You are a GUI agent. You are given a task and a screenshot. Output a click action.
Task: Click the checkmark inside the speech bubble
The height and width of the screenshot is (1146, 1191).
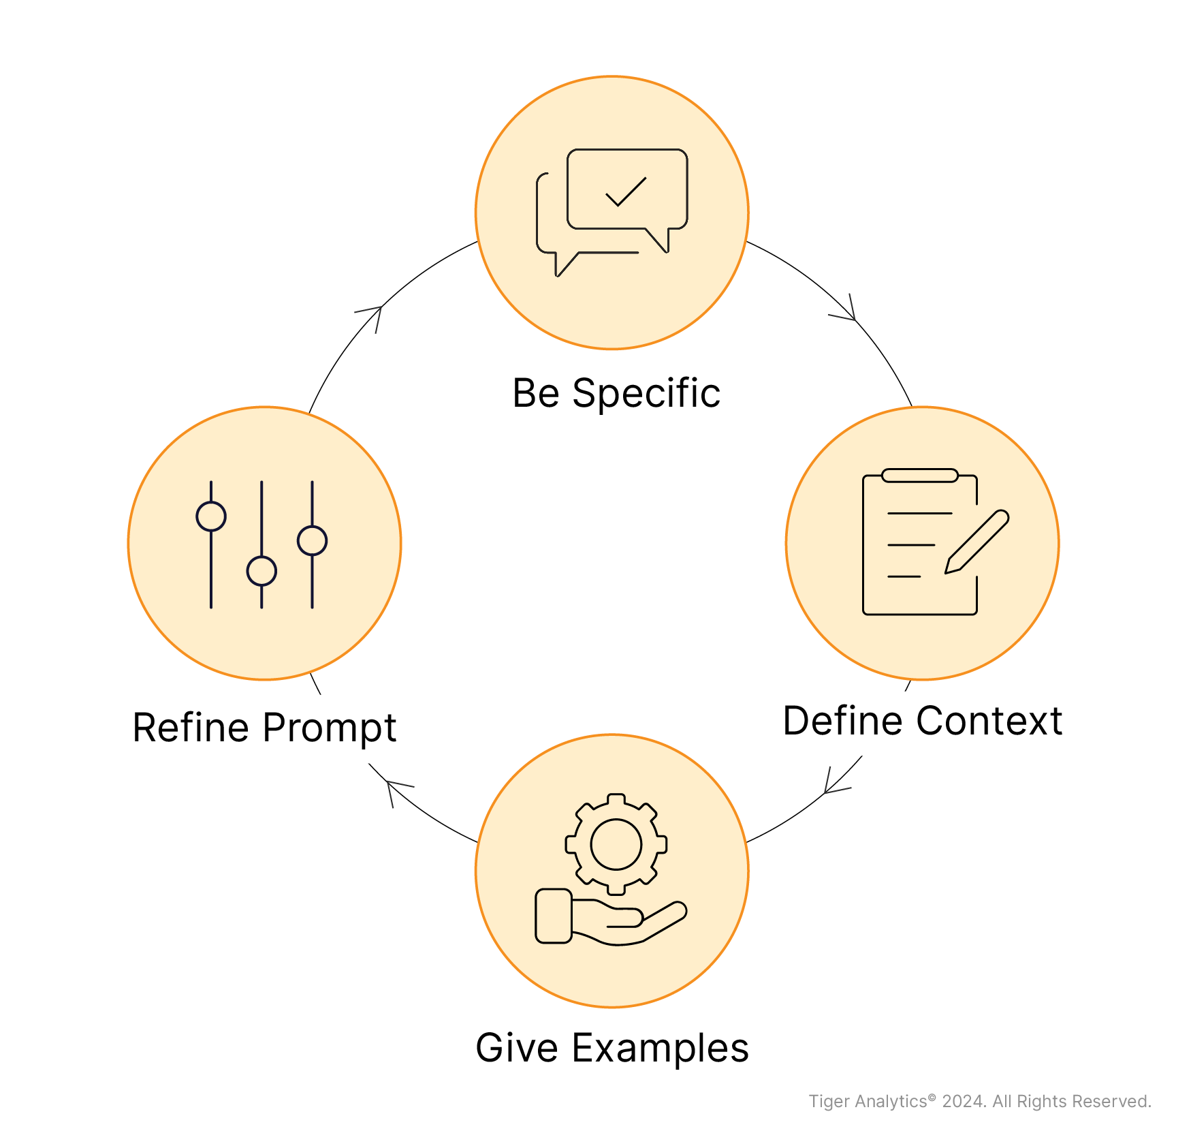(625, 191)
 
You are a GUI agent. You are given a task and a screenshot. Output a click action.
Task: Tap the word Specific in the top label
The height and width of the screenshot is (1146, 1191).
(646, 394)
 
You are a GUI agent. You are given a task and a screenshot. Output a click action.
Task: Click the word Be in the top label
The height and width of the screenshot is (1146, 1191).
(536, 393)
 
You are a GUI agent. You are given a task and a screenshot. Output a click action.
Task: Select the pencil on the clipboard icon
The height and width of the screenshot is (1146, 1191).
(976, 542)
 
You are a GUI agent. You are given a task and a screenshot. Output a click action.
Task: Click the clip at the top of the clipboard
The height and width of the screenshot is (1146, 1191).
(920, 475)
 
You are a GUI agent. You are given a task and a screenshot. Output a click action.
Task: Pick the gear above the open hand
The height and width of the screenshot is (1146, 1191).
(616, 844)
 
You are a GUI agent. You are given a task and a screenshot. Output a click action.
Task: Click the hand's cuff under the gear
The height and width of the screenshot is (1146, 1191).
(554, 916)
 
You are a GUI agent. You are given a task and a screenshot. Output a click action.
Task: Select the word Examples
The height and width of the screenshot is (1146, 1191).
(660, 1049)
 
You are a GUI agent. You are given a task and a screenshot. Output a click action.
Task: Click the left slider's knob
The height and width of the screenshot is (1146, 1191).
(211, 516)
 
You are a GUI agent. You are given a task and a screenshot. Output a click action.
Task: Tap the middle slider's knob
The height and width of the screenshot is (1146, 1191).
(261, 571)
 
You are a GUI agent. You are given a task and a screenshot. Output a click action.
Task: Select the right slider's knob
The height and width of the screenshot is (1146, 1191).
(312, 541)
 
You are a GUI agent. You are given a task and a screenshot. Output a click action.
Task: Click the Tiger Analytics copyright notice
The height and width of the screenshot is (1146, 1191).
(980, 1102)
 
